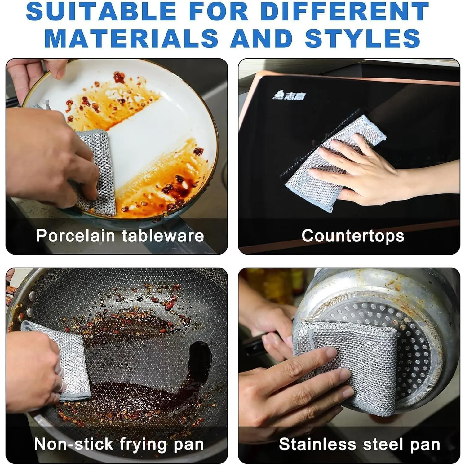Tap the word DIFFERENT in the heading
(x=345, y=11)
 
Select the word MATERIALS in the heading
(x=131, y=38)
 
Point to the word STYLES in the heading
(x=363, y=38)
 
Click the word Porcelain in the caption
(x=76, y=236)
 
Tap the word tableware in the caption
(x=163, y=236)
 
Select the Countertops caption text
(x=353, y=236)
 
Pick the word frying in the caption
(x=143, y=445)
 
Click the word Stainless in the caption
(x=317, y=444)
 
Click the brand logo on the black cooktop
(x=289, y=95)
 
